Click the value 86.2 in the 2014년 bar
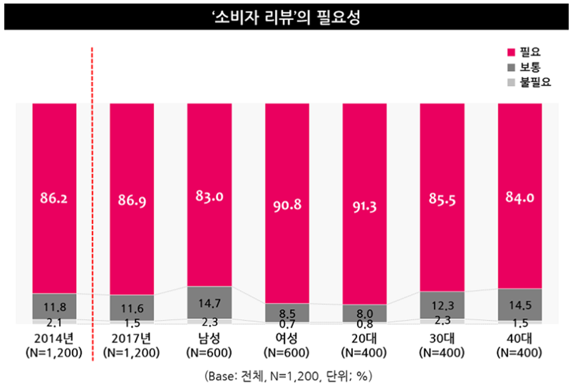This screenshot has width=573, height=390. coord(54,199)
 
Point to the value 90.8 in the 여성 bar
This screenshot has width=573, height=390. coord(286,205)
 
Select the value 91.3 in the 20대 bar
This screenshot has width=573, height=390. coord(364,205)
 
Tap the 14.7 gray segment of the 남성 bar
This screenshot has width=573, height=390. coord(210,302)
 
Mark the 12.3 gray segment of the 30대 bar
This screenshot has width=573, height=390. coord(442,305)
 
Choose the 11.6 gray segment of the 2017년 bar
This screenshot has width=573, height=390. coord(132,308)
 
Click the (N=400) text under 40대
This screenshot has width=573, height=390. coord(520,353)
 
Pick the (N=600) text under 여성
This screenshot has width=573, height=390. coord(286,353)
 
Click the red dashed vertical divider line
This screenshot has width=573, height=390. coord(93,201)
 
